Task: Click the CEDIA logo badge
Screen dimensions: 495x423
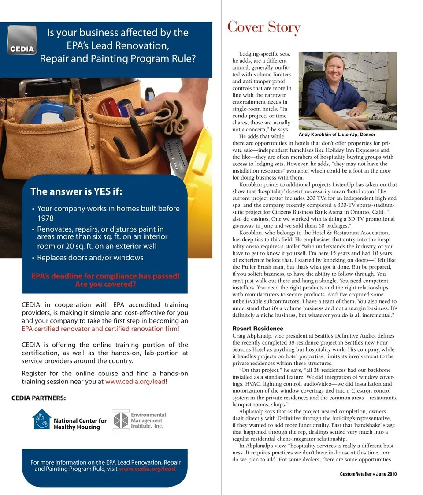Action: pos(22,40)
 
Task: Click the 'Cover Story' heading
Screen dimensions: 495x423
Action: pos(263,27)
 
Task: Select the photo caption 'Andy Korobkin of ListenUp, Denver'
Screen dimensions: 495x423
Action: pos(337,135)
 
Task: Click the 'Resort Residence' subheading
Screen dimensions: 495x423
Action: pos(258,329)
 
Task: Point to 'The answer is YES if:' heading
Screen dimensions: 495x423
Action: pos(76,191)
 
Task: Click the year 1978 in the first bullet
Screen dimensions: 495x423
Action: pos(45,218)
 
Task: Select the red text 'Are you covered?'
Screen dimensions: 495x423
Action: pos(105,284)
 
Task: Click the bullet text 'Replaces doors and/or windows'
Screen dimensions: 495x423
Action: pos(90,258)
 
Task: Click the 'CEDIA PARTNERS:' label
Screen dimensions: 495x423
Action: pos(39,398)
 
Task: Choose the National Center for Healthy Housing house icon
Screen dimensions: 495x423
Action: pos(41,419)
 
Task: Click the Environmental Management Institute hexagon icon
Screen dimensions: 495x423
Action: pos(120,420)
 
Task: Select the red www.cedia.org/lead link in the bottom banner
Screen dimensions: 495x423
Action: pos(147,469)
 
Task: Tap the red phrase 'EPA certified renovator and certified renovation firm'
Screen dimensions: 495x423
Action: pos(100,329)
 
